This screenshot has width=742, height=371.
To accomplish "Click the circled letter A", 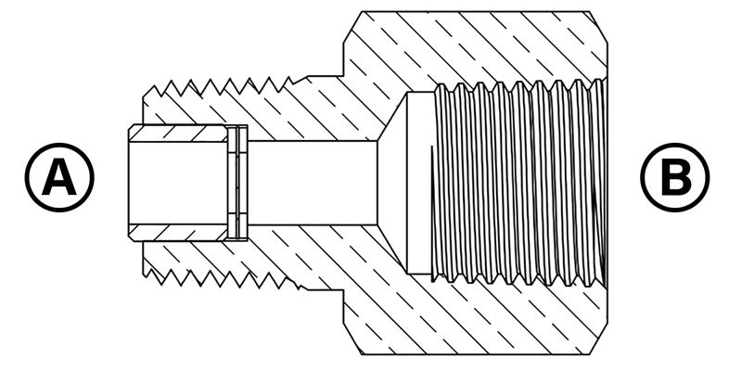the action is (x=59, y=177).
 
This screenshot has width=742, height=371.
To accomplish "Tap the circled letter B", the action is (x=675, y=177).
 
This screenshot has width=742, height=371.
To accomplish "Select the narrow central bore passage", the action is (x=313, y=183).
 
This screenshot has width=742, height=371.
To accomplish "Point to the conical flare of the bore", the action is (x=392, y=183).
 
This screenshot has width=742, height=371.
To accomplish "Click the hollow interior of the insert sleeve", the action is (x=178, y=183).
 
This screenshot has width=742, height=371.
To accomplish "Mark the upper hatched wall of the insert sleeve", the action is (x=178, y=133).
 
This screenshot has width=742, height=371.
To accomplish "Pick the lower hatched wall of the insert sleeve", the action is (x=178, y=233).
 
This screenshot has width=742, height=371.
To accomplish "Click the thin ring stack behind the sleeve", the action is (x=237, y=183).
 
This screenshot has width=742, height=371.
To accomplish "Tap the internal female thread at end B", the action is (x=519, y=183).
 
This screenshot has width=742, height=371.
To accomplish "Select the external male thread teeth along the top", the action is (x=223, y=86).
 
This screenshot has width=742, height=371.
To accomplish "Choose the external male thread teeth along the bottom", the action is (x=223, y=278).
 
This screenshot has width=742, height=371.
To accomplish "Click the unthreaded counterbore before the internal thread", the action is (x=420, y=183).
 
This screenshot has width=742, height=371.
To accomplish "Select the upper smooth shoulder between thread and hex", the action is (x=325, y=77).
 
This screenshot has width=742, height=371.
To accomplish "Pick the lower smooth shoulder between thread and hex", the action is (x=325, y=288).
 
